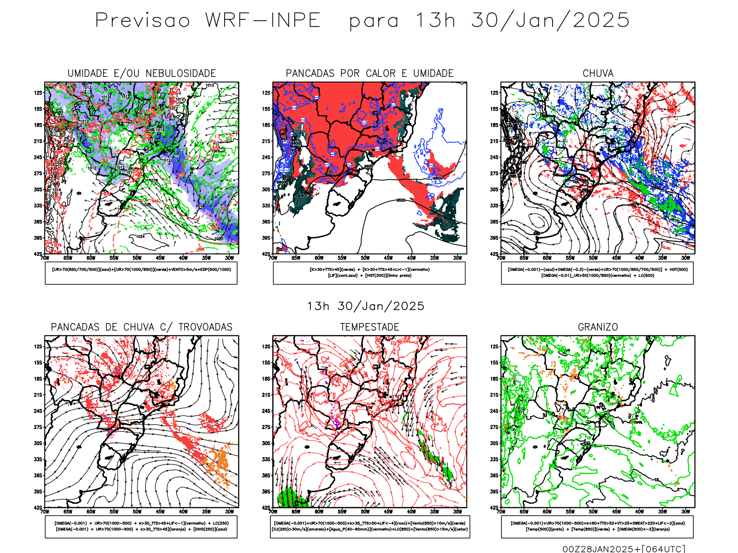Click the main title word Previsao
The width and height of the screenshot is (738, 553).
tap(143, 21)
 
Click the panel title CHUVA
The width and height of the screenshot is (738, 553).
tap(598, 73)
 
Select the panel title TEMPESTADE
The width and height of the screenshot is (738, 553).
tap(369, 327)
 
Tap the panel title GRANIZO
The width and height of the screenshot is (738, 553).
tap(598, 327)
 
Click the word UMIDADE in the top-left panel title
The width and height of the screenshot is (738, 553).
tap(87, 73)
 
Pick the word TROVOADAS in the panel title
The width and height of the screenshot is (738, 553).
tap(205, 327)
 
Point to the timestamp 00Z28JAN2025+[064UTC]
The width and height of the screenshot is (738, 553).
tap(624, 548)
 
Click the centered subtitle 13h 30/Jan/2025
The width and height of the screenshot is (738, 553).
tap(366, 306)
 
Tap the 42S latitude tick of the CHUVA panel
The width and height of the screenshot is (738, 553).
tap(494, 254)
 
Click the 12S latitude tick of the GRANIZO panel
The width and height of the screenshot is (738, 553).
tap(494, 347)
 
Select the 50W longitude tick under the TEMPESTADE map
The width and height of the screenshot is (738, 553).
tap(365, 512)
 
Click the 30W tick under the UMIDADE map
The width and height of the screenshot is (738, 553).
tap(229, 258)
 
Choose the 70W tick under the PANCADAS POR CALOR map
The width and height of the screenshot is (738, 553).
tap(273, 258)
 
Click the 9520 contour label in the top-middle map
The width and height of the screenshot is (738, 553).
tap(401, 200)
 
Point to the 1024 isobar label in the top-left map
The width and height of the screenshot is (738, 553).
tap(140, 236)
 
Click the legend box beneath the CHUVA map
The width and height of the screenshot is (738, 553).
tap(597, 273)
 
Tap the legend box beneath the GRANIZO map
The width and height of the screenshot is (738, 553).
tap(597, 526)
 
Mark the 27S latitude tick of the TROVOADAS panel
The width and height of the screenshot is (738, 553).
tap(38, 427)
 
